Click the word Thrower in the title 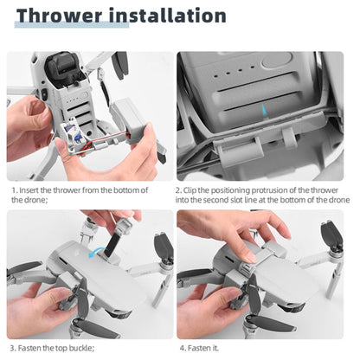[x=59, y=16]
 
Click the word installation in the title [x=168, y=16]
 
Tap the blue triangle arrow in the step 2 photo [x=264, y=112]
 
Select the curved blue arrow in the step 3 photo [x=97, y=251]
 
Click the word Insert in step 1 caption [x=29, y=190]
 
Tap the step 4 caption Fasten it [x=199, y=348]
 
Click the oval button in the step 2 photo [x=277, y=60]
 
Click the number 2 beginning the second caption [x=178, y=190]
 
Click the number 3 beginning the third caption [x=13, y=348]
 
